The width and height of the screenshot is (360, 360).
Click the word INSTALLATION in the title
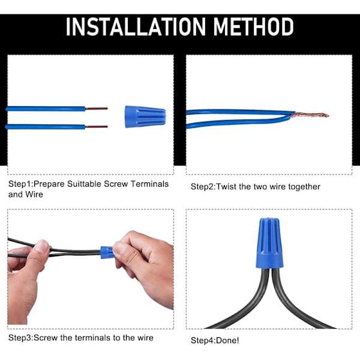coord(136,26)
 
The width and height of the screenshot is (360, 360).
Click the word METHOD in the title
coord(253,26)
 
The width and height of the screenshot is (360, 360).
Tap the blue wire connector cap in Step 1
coord(145,116)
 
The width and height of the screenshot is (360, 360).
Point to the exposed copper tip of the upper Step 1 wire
coord(97,109)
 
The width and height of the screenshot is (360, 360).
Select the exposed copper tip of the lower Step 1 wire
coord(97,127)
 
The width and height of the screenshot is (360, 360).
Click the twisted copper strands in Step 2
coord(309,115)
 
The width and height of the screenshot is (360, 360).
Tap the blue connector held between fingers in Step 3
coord(107,253)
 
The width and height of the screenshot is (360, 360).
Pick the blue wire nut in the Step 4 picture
coord(269,243)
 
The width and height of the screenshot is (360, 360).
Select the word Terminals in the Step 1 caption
coord(149,184)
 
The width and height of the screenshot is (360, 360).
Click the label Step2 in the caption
coord(202,187)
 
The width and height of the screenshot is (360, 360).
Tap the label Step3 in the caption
coord(20,338)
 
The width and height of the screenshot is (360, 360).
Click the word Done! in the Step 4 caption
coord(227,340)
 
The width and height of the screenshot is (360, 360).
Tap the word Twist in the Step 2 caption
coord(226,187)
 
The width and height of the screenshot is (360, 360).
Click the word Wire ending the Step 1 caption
coord(34,194)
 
